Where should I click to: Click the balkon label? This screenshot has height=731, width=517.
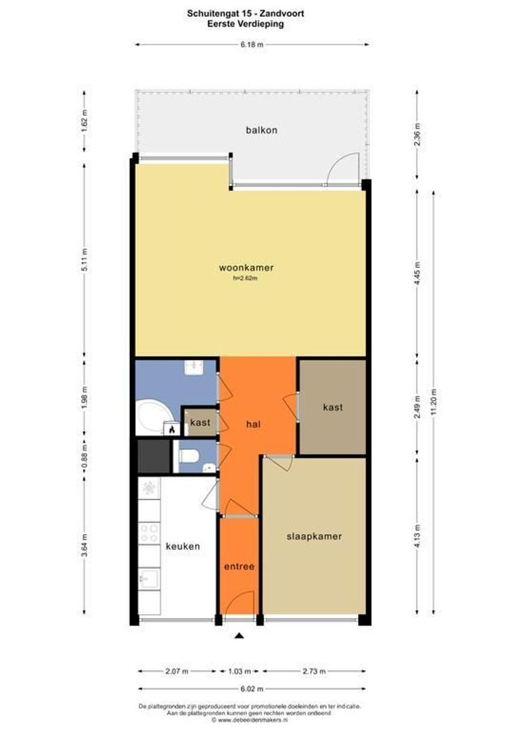261,130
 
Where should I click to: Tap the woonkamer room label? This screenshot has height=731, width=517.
246,267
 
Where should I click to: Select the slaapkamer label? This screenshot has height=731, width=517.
314,536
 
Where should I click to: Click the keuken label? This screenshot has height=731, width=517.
183,546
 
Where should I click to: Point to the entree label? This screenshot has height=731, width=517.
239,567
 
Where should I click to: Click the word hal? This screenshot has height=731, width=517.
253,424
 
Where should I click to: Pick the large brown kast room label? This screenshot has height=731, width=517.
333,407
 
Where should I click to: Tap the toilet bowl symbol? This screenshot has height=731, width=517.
189,455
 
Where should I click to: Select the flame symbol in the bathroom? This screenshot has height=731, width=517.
172,429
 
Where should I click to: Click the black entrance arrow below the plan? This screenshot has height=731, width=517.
239,636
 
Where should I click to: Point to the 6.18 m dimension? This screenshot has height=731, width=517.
252,45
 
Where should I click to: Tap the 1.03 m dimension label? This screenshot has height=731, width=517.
239,671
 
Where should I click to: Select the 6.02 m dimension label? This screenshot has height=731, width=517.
252,688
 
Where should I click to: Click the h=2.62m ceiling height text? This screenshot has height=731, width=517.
246,279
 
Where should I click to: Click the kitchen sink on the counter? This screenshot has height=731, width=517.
149,579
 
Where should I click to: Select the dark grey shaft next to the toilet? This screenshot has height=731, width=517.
154,456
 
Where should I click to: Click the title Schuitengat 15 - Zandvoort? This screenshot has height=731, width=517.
246,14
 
